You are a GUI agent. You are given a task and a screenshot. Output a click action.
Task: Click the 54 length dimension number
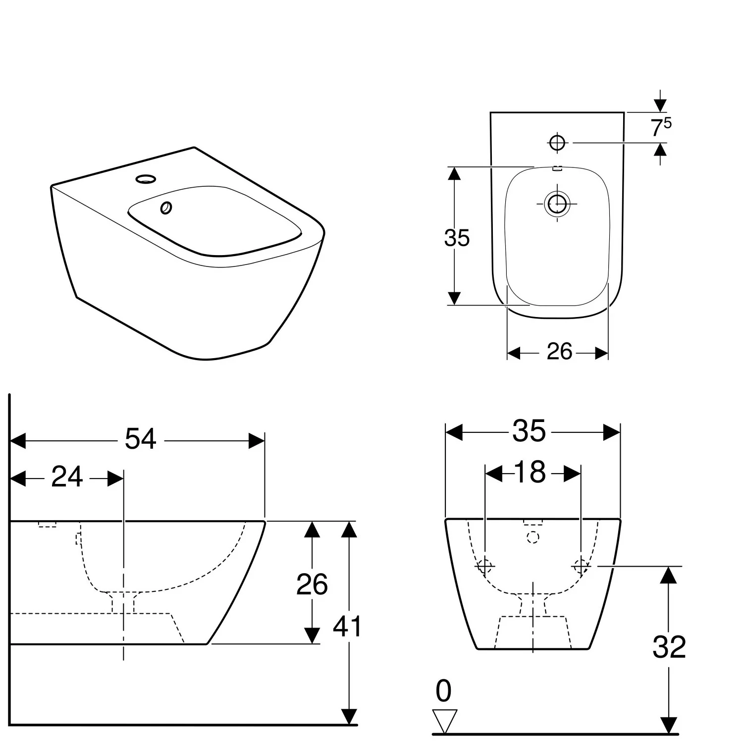click(140, 439)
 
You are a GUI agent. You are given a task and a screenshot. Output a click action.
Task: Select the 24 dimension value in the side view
click(67, 478)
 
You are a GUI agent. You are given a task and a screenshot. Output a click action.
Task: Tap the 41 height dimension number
click(347, 627)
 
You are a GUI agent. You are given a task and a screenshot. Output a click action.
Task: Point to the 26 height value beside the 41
click(312, 584)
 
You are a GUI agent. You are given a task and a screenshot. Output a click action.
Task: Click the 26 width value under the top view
click(559, 352)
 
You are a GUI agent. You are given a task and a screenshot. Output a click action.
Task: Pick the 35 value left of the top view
click(456, 238)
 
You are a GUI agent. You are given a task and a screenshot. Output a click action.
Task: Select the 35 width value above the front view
click(529, 431)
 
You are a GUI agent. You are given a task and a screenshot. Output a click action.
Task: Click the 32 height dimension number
click(669, 647)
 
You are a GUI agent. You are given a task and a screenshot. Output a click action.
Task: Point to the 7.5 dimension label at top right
click(660, 127)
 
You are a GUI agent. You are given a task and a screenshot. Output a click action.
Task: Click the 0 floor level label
click(443, 691)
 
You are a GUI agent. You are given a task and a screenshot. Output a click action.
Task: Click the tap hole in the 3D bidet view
click(146, 178)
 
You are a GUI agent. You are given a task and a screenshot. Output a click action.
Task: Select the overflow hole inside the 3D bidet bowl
click(166, 208)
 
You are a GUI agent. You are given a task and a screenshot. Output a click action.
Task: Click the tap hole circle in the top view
click(557, 143)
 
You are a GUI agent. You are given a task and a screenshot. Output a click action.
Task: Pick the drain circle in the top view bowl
click(557, 203)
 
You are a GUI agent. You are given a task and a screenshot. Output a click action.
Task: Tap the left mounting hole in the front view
click(484, 566)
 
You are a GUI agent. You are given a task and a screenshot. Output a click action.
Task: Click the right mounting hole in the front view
click(581, 566)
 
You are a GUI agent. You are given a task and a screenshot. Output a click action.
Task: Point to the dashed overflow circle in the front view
click(532, 537)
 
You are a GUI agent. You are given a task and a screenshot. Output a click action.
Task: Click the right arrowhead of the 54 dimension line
click(257, 440)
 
